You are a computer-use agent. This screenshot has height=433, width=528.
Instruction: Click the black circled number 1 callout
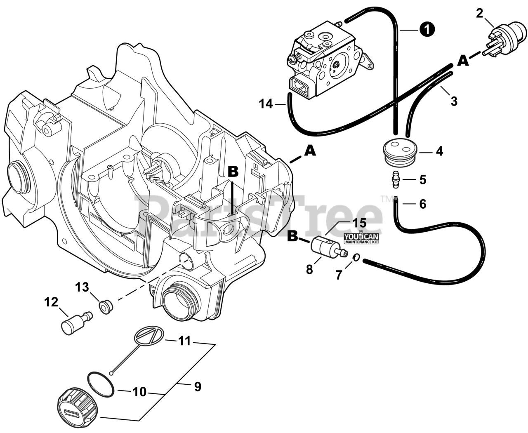[x=427, y=29]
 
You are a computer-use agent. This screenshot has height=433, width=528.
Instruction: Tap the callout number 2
[x=479, y=13]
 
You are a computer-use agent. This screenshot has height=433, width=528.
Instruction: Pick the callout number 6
[x=423, y=204]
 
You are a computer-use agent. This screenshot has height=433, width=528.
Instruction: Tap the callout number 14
[x=266, y=104]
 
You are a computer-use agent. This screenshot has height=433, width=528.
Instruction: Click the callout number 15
[x=359, y=223]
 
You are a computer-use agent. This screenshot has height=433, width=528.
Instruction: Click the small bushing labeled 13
[x=106, y=307]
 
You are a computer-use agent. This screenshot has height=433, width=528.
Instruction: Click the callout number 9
[x=198, y=387]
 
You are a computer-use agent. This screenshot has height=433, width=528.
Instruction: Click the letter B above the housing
[x=233, y=171]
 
